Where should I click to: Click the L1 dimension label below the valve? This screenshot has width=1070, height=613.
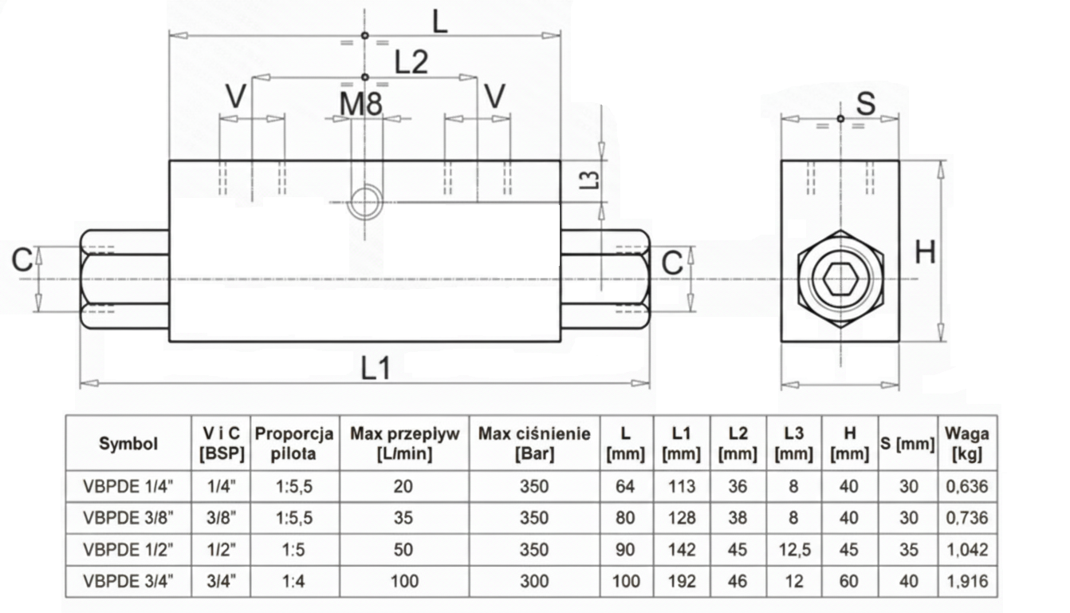point(376,368)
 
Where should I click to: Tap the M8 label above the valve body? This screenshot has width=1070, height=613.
point(361,103)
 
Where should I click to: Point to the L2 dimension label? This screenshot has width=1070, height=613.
point(411,62)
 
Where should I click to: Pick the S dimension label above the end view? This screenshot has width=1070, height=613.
point(866,103)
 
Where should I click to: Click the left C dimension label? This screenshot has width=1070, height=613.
point(22,259)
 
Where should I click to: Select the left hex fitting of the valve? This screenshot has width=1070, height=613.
point(124,279)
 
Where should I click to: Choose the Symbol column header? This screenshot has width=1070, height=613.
point(128,444)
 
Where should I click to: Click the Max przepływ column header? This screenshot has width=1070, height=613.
point(404,444)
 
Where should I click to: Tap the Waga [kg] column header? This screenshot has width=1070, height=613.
point(966,444)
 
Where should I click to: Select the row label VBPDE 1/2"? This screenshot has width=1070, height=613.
point(128,549)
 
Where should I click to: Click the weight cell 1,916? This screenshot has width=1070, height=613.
point(966,580)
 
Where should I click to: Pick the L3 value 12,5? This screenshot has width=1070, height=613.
point(793,549)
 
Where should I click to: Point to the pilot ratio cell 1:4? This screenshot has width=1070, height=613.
point(294,580)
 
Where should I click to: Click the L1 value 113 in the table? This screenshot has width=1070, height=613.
point(681,486)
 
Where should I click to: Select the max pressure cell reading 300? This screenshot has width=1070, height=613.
point(534,580)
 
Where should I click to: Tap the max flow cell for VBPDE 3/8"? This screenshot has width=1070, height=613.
point(404,517)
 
